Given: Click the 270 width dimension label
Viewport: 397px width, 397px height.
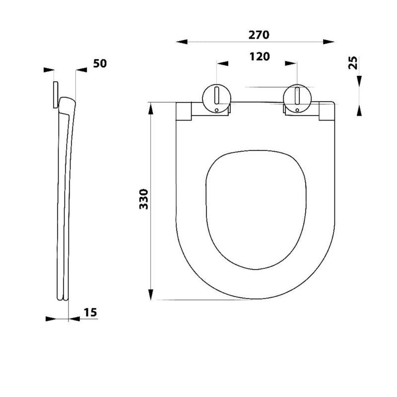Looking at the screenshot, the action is point(259,35).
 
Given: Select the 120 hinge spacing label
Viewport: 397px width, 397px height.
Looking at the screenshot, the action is point(260,57).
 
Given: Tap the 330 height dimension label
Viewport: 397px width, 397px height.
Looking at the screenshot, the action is point(143,199).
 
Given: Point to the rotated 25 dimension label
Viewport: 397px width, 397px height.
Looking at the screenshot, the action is point(353,63).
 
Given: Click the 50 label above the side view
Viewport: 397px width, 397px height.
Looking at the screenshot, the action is point(100,64).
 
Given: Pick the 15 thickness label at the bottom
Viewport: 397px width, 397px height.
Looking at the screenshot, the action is point(90,313).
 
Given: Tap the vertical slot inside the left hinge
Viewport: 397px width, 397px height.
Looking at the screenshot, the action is point(216,95).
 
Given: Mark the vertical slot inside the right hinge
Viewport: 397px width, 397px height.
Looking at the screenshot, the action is point(297,95).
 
